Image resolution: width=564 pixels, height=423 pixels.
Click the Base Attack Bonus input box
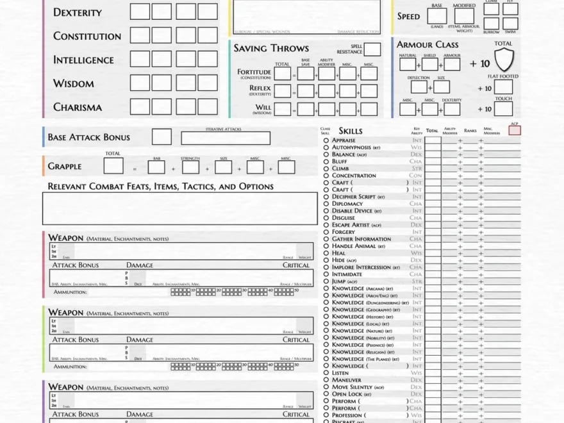pos(162,137)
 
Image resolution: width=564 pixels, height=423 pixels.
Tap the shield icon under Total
pos(504,60)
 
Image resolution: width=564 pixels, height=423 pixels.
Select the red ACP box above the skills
pos(515,131)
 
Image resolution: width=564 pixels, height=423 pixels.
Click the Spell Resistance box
pos(372,49)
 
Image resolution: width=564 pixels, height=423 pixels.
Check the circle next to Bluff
pos(326,162)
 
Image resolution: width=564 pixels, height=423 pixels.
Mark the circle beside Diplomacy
pos(326,204)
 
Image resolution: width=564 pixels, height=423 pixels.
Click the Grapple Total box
pos(113,167)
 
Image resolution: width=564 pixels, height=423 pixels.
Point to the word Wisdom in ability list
pos(74,84)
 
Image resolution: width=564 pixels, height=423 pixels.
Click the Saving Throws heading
pos(271,48)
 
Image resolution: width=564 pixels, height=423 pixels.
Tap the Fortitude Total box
pos(283,74)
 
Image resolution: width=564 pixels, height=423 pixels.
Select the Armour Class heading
pos(427,45)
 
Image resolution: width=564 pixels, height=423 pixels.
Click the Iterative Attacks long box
pos(226,138)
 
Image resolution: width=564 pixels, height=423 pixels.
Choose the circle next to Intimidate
pos(326,274)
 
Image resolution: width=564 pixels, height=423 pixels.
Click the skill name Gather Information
pos(361,239)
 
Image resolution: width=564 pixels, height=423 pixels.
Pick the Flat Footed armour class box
pos(503,88)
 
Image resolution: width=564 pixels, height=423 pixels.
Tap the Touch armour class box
pos(503,109)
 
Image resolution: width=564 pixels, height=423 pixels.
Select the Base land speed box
pos(437,17)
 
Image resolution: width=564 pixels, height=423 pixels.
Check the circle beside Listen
pos(326,373)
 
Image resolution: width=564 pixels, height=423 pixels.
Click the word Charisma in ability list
pos(78,108)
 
